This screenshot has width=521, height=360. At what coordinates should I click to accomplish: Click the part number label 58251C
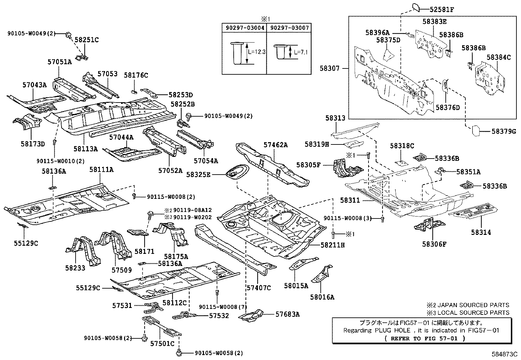point(87,40)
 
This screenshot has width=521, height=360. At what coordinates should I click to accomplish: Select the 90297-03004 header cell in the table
point(245,28)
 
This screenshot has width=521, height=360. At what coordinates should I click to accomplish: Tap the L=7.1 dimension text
point(301,52)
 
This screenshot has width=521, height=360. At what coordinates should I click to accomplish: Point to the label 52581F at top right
point(442,9)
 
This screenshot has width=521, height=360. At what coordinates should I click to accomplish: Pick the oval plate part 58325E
point(236,171)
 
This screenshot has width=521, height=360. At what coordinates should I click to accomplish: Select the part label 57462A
point(276,144)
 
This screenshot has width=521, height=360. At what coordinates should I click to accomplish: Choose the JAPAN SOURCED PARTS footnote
point(468,305)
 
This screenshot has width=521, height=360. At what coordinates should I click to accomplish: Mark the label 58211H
point(332,245)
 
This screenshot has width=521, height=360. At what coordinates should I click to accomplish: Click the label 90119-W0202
point(192,217)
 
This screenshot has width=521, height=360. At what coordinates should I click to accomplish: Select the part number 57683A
point(287,314)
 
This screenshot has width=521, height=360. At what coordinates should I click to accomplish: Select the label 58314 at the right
point(481,232)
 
